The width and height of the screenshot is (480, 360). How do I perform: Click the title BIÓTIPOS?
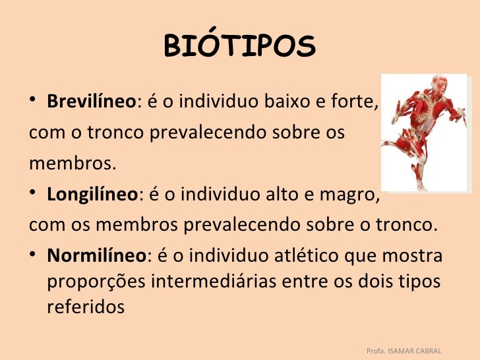239,46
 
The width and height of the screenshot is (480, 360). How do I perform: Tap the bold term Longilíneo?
91,195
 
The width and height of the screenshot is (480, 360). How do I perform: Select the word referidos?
86,307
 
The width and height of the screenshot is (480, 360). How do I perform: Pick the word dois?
376,281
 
